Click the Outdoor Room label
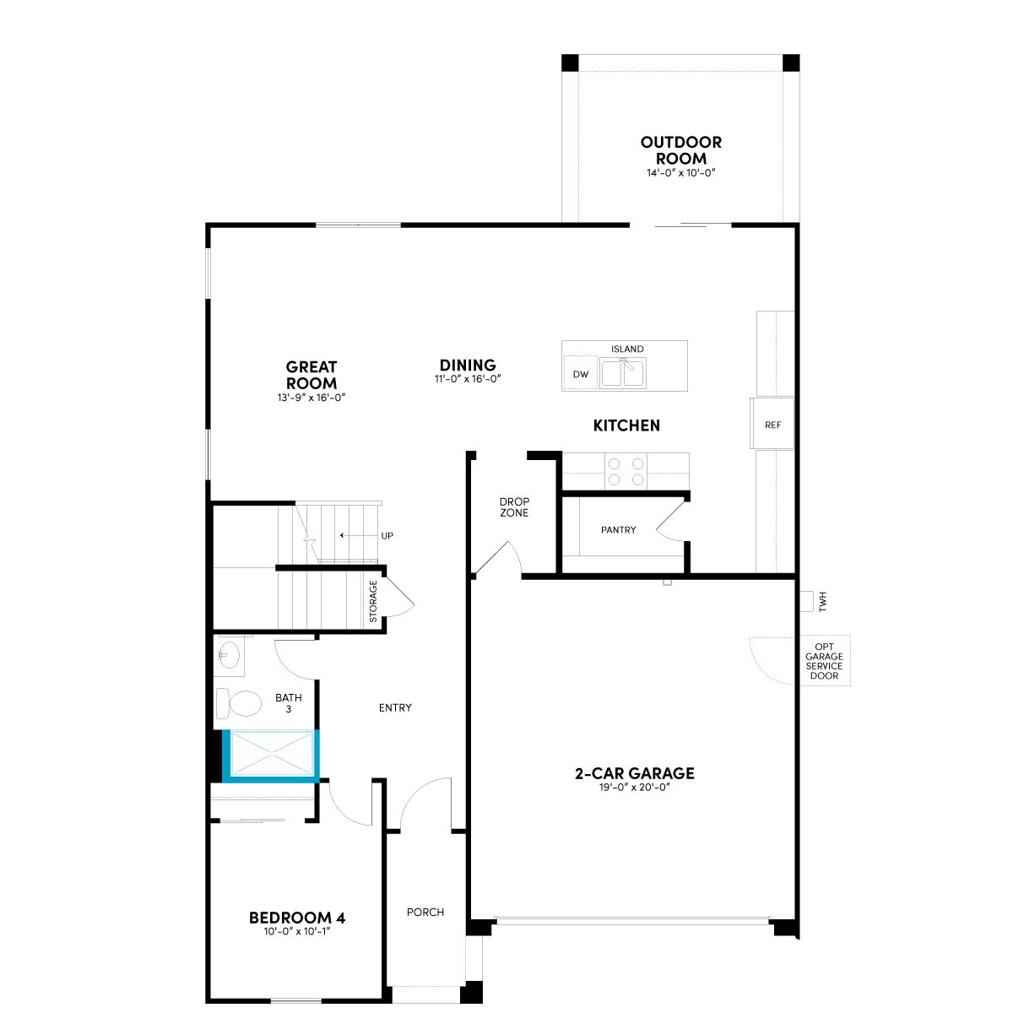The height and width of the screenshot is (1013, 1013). [680, 149]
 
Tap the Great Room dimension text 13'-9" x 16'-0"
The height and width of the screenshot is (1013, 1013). [311, 398]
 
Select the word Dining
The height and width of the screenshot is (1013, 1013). [468, 365]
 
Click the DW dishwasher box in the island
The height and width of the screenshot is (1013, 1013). [580, 374]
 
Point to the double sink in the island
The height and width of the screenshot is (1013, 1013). [624, 373]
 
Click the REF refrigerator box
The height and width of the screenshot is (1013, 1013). [772, 425]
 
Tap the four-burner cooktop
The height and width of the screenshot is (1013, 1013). [626, 471]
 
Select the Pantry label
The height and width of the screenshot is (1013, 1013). [618, 530]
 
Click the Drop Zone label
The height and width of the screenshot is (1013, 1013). [514, 506]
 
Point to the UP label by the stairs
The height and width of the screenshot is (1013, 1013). [387, 536]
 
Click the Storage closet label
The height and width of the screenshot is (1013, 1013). [373, 601]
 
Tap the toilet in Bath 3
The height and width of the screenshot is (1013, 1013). [238, 703]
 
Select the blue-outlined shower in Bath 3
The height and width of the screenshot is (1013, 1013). [271, 754]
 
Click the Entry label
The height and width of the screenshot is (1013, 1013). [395, 707]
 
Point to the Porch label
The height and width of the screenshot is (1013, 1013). [425, 912]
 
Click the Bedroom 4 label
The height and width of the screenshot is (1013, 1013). [297, 918]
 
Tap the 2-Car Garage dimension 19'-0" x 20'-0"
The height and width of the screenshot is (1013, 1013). [635, 787]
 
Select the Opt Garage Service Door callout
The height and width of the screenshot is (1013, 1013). [824, 661]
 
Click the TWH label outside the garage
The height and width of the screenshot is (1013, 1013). [823, 601]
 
